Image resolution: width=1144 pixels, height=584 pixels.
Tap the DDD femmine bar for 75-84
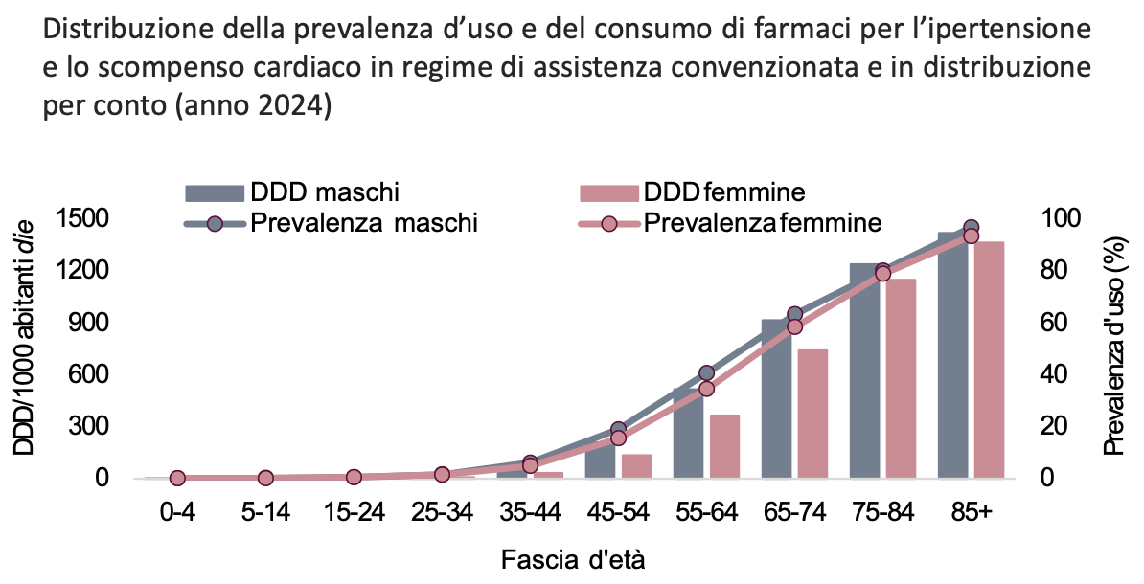click(901, 378)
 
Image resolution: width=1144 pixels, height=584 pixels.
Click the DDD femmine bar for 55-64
click(724, 446)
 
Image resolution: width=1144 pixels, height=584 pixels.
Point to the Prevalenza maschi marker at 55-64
click(706, 372)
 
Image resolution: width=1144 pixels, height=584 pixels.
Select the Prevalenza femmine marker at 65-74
click(794, 326)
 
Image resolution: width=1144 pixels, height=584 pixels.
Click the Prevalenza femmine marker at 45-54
click(618, 438)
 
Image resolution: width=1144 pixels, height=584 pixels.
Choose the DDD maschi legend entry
click(292, 191)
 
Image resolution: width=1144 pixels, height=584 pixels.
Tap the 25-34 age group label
click(442, 512)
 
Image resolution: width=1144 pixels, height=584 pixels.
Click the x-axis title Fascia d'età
click(572, 558)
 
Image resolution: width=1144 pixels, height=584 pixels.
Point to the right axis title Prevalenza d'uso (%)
click(1114, 348)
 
